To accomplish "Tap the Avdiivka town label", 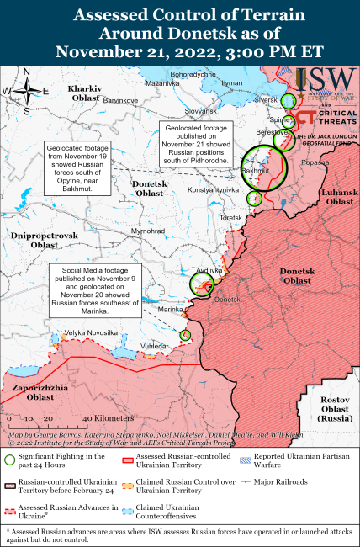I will pyautogui.click(x=208, y=270).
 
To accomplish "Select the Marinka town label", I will pyautogui.click(x=171, y=310).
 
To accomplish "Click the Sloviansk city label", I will pyautogui.click(x=200, y=110).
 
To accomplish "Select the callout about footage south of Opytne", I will pyautogui.click(x=79, y=167).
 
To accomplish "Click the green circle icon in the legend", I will pyautogui.click(x=9, y=459).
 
